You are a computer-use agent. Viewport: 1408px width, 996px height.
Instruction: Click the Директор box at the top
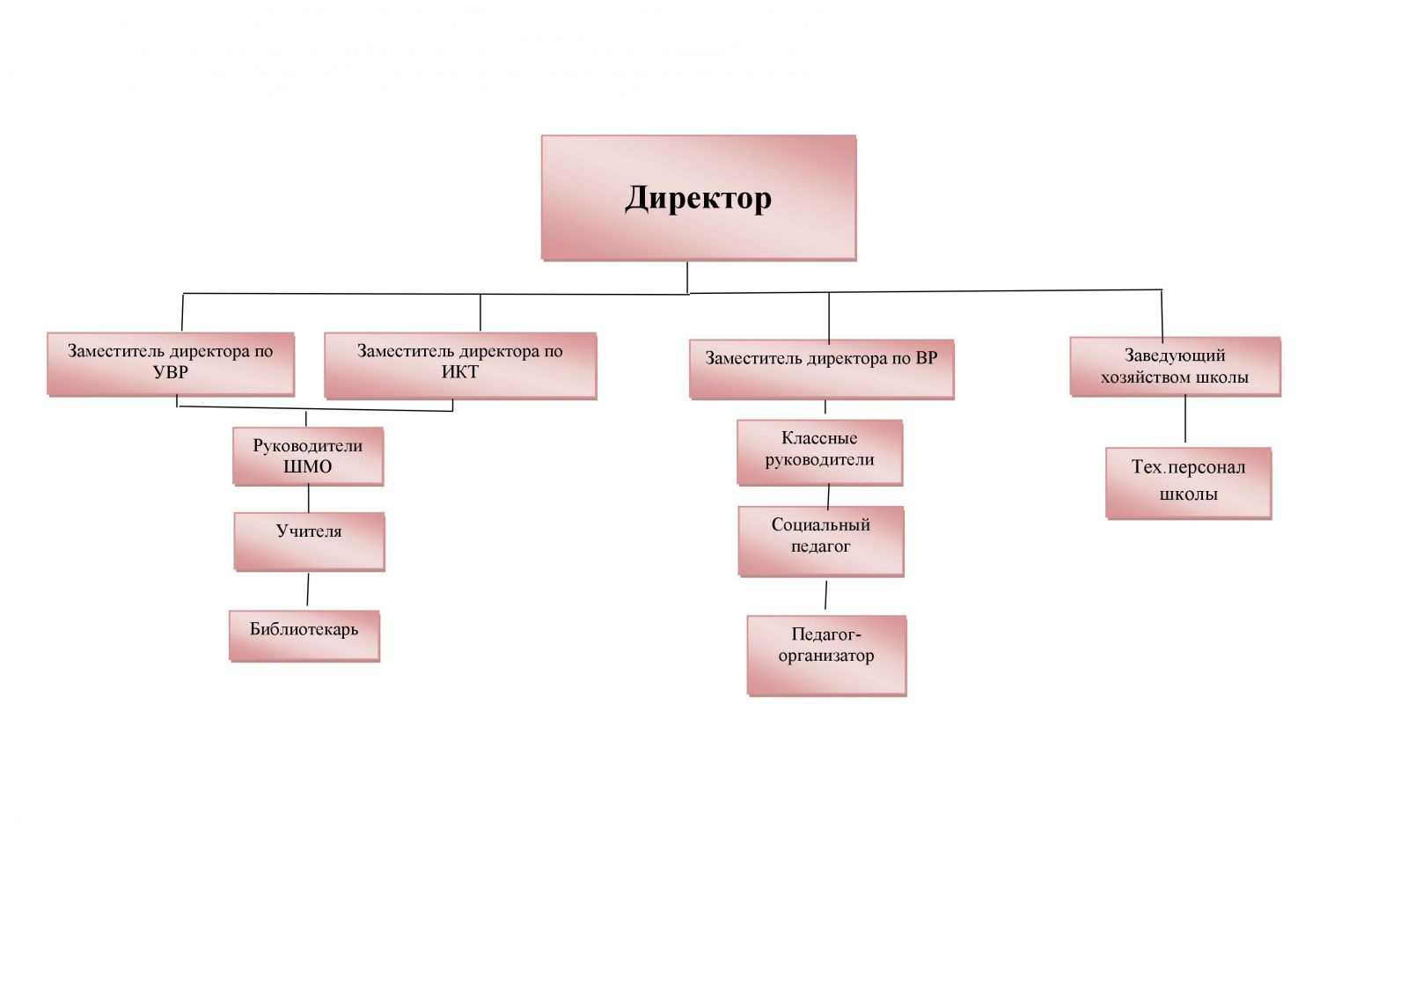[x=699, y=197]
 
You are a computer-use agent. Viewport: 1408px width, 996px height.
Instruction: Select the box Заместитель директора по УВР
[x=171, y=363]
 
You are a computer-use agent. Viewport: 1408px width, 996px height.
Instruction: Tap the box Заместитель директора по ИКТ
[x=459, y=365]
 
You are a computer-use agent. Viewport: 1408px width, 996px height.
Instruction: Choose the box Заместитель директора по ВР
[x=821, y=368]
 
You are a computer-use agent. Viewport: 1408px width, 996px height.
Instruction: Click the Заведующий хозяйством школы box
[x=1175, y=366]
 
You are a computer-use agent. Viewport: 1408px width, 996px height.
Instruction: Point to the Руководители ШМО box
[x=308, y=456]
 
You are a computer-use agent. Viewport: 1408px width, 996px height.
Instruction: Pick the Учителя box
[x=309, y=541]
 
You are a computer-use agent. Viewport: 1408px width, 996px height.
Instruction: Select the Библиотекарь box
[x=304, y=635]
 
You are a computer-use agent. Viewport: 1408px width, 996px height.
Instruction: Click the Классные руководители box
[x=819, y=451]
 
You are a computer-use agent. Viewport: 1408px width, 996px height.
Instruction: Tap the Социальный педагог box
[x=820, y=540]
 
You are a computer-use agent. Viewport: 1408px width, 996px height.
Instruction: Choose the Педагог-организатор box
[x=826, y=655]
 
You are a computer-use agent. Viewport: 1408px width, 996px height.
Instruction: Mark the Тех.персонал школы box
[x=1188, y=483]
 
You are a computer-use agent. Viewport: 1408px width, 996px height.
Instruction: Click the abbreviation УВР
[x=171, y=372]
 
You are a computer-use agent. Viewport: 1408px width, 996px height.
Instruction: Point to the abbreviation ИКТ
[x=460, y=372]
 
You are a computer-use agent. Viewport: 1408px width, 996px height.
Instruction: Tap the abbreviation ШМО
[x=308, y=467]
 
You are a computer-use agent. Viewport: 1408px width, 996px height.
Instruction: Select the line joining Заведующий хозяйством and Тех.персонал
[x=1185, y=419]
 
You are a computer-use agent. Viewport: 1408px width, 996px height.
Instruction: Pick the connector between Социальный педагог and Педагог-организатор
[x=825, y=595]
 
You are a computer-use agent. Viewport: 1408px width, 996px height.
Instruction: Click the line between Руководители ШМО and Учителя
[x=309, y=499]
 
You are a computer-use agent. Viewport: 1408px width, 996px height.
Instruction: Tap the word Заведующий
[x=1175, y=355]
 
